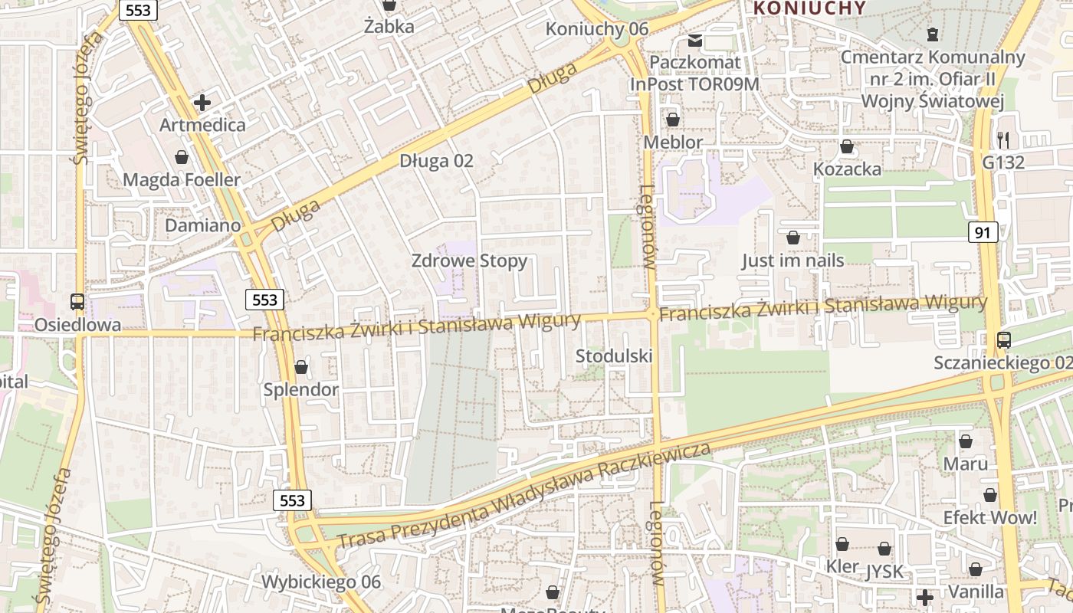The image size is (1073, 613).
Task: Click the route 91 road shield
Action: (983, 232)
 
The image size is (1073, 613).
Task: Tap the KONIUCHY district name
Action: (809, 8)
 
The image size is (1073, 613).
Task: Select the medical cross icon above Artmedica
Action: (202, 102)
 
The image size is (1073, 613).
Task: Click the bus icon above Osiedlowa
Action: (77, 302)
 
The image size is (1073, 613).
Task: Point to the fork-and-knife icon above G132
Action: (1003, 139)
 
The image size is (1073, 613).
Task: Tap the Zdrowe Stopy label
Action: (469, 261)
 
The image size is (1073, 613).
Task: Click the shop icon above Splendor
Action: (301, 367)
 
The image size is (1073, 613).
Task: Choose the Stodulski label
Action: (614, 356)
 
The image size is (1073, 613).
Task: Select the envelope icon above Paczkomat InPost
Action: (695, 40)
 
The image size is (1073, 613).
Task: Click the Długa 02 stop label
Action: (436, 161)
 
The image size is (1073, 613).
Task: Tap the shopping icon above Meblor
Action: (673, 120)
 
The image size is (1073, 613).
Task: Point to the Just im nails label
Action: (792, 261)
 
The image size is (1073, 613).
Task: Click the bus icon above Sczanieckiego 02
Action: (1003, 339)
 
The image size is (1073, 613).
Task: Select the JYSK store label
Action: (884, 572)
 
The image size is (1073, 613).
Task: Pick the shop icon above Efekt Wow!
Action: (990, 495)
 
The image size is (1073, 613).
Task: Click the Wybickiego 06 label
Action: (320, 582)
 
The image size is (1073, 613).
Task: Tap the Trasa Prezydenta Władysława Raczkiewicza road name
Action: (524, 496)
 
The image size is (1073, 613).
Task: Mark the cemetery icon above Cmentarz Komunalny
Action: (932, 34)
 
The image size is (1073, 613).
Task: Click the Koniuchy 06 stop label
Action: (596, 29)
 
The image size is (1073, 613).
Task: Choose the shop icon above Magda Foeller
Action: (182, 157)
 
